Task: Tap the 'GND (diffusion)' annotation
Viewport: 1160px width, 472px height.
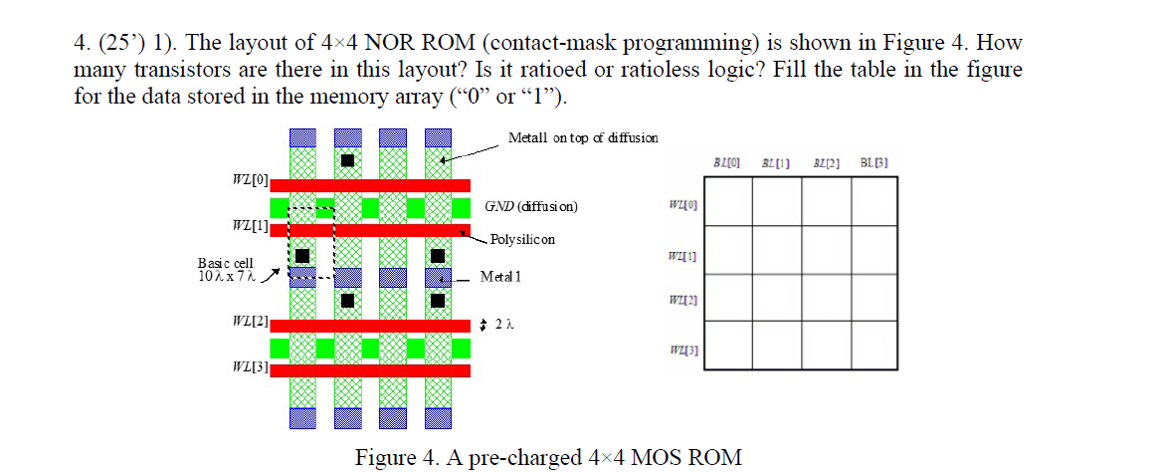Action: [530, 207]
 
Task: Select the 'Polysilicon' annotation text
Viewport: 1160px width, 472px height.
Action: [522, 239]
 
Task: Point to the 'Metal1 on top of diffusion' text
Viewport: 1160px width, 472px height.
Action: [582, 137]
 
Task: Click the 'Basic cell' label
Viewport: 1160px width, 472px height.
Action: [218, 262]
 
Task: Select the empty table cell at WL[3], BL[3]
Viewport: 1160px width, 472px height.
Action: [874, 346]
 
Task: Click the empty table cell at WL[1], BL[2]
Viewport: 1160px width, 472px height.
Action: [826, 249]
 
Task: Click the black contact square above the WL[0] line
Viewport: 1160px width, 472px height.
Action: [347, 161]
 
